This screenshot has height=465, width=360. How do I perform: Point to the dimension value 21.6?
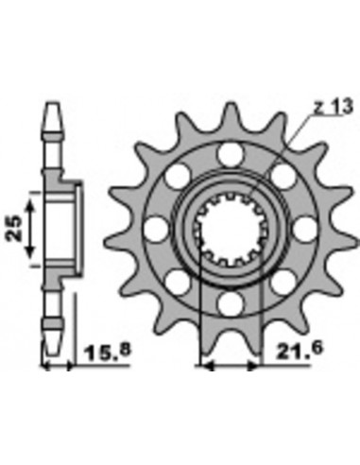pyautogui.click(x=298, y=349)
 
